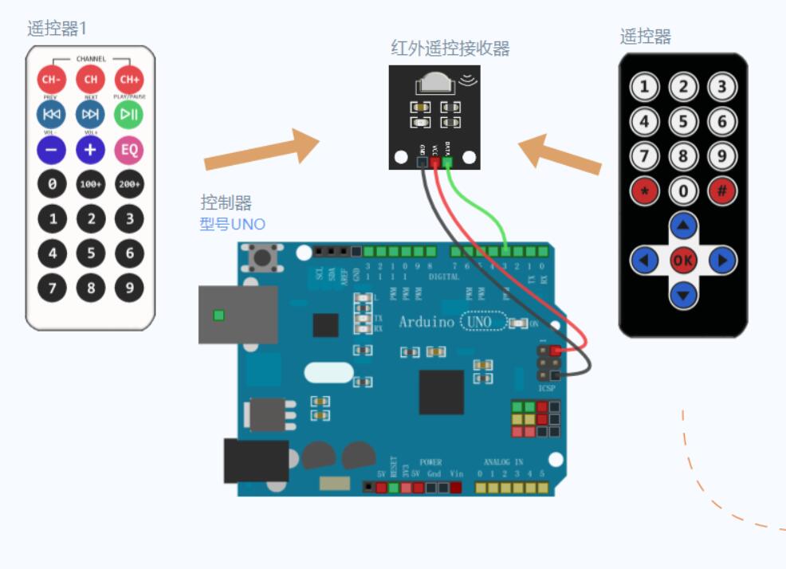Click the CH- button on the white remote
51,79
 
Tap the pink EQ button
129,149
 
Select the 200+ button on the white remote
129,184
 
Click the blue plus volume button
90,149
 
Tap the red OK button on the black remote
683,260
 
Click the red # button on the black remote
722,191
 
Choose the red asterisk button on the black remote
644,191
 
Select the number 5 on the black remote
683,122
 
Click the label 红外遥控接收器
450,48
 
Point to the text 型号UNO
232,224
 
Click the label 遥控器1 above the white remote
57,29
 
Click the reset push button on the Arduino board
260,257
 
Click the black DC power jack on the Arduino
255,461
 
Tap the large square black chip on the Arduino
441,391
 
